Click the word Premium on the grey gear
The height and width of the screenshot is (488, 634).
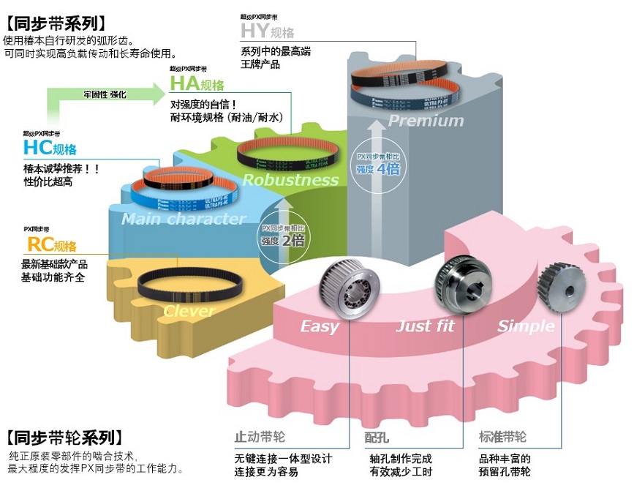pyautogui.click(x=426, y=121)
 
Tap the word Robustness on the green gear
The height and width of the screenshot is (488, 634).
pyautogui.click(x=290, y=180)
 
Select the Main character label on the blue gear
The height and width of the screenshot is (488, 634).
pyautogui.click(x=184, y=219)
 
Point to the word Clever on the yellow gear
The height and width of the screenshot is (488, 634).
pyautogui.click(x=189, y=311)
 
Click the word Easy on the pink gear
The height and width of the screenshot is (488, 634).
pyautogui.click(x=320, y=326)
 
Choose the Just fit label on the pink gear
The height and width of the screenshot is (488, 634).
pyautogui.click(x=424, y=326)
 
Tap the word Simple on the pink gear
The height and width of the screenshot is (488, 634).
pyautogui.click(x=526, y=326)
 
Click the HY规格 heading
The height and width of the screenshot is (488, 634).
pyautogui.click(x=267, y=31)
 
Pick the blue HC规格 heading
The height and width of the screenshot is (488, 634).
pyautogui.click(x=49, y=149)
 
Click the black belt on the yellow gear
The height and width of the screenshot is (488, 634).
pyautogui.click(x=189, y=282)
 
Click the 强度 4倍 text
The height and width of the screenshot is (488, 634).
pyautogui.click(x=377, y=169)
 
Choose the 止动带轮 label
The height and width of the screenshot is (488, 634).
pyautogui.click(x=260, y=438)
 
